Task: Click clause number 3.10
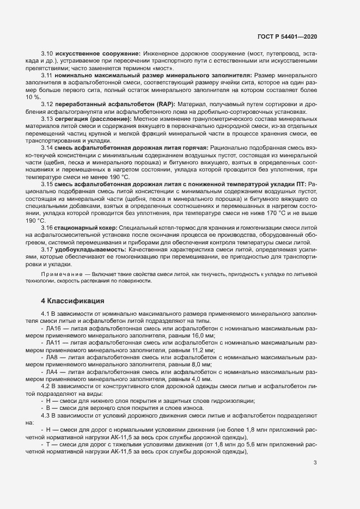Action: coord(47,53)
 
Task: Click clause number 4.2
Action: coord(47,386)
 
